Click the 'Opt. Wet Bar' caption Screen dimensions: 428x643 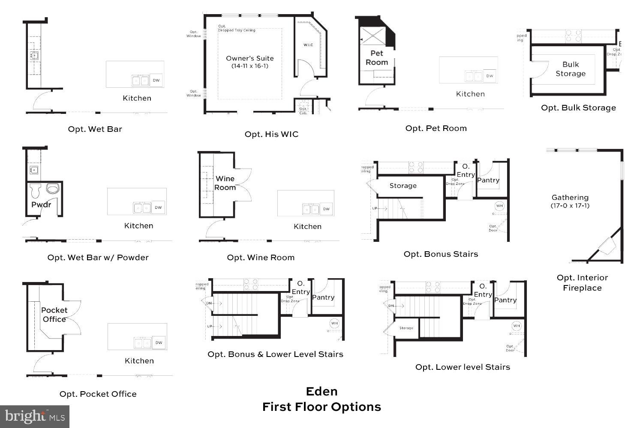click(x=95, y=129)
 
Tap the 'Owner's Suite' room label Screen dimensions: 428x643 click(x=249, y=59)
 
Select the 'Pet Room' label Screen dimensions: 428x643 click(x=377, y=58)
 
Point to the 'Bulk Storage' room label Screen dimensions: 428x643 click(x=571, y=69)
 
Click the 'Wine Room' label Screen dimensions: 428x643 click(x=225, y=183)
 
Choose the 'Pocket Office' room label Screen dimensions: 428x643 click(x=54, y=315)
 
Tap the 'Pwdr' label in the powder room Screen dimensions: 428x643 click(x=41, y=205)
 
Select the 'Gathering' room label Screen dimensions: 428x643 click(x=570, y=197)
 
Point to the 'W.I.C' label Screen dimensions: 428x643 click(x=308, y=45)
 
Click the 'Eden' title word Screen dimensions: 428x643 click(x=321, y=391)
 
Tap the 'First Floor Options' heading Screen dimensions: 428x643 click(x=321, y=407)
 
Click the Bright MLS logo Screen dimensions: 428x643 click(x=34, y=416)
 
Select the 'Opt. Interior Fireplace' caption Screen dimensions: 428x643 click(x=582, y=282)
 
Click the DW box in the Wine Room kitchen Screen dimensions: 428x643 click(x=327, y=209)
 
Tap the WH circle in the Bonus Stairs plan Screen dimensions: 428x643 click(x=499, y=206)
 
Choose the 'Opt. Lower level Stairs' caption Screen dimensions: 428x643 click(x=463, y=367)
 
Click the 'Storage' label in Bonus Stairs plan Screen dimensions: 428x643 click(x=403, y=186)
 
